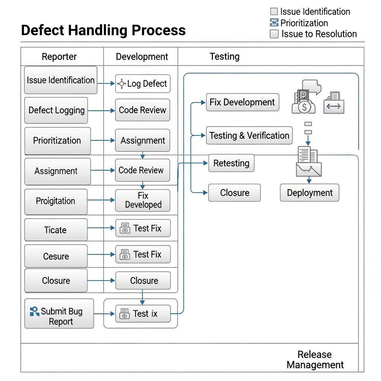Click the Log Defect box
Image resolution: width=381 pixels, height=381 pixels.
pyautogui.click(x=143, y=84)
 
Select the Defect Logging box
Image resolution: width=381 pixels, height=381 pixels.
pyautogui.click(x=56, y=110)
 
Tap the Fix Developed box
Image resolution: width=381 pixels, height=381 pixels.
pyautogui.click(x=143, y=201)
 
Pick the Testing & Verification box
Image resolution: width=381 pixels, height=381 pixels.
pyautogui.click(x=249, y=135)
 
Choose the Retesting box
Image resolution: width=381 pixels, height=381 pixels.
pyautogui.click(x=231, y=163)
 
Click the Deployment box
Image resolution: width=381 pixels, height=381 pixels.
pyautogui.click(x=309, y=193)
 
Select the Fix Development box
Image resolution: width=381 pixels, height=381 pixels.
pyautogui.click(x=242, y=102)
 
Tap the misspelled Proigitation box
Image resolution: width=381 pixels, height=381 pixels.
pyautogui.click(x=56, y=201)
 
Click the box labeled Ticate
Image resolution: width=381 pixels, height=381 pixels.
pyautogui.click(x=56, y=230)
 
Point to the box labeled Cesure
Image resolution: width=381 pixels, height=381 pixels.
pyautogui.click(x=56, y=256)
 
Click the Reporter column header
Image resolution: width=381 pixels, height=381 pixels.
pyautogui.click(x=59, y=57)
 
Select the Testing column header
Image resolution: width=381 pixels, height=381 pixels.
pyautogui.click(x=224, y=57)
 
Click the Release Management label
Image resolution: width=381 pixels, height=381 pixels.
pyautogui.click(x=315, y=360)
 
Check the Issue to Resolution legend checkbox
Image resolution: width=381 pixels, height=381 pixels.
pyautogui.click(x=274, y=34)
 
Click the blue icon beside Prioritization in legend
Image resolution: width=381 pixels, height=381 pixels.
pyautogui.click(x=274, y=23)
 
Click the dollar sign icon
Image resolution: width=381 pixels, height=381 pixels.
pyautogui.click(x=304, y=108)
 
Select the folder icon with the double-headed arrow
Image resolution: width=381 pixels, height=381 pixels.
pyautogui.click(x=334, y=106)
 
